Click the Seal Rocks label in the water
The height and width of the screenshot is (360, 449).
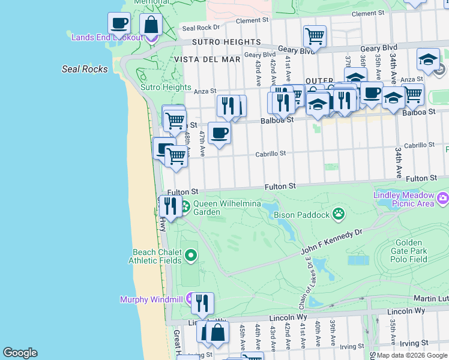point(85,69)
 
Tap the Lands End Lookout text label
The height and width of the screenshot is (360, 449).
point(107,37)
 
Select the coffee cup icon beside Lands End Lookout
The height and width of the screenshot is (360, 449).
point(119,23)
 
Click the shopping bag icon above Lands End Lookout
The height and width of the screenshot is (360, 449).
point(151,25)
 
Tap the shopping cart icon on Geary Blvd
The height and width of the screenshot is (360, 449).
point(315,37)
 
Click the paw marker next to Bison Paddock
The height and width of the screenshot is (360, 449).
point(339,213)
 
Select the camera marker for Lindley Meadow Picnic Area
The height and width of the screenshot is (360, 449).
point(443,197)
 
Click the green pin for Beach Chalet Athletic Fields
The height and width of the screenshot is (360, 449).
point(191,256)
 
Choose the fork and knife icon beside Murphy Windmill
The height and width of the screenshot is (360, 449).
point(203,303)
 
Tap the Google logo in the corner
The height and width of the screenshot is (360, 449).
point(20,353)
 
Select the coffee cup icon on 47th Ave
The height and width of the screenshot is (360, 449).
point(219,133)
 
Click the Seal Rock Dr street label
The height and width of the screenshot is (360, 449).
point(201,27)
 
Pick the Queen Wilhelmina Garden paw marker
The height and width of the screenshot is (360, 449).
point(185,207)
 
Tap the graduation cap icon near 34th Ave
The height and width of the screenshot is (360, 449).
point(428,59)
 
